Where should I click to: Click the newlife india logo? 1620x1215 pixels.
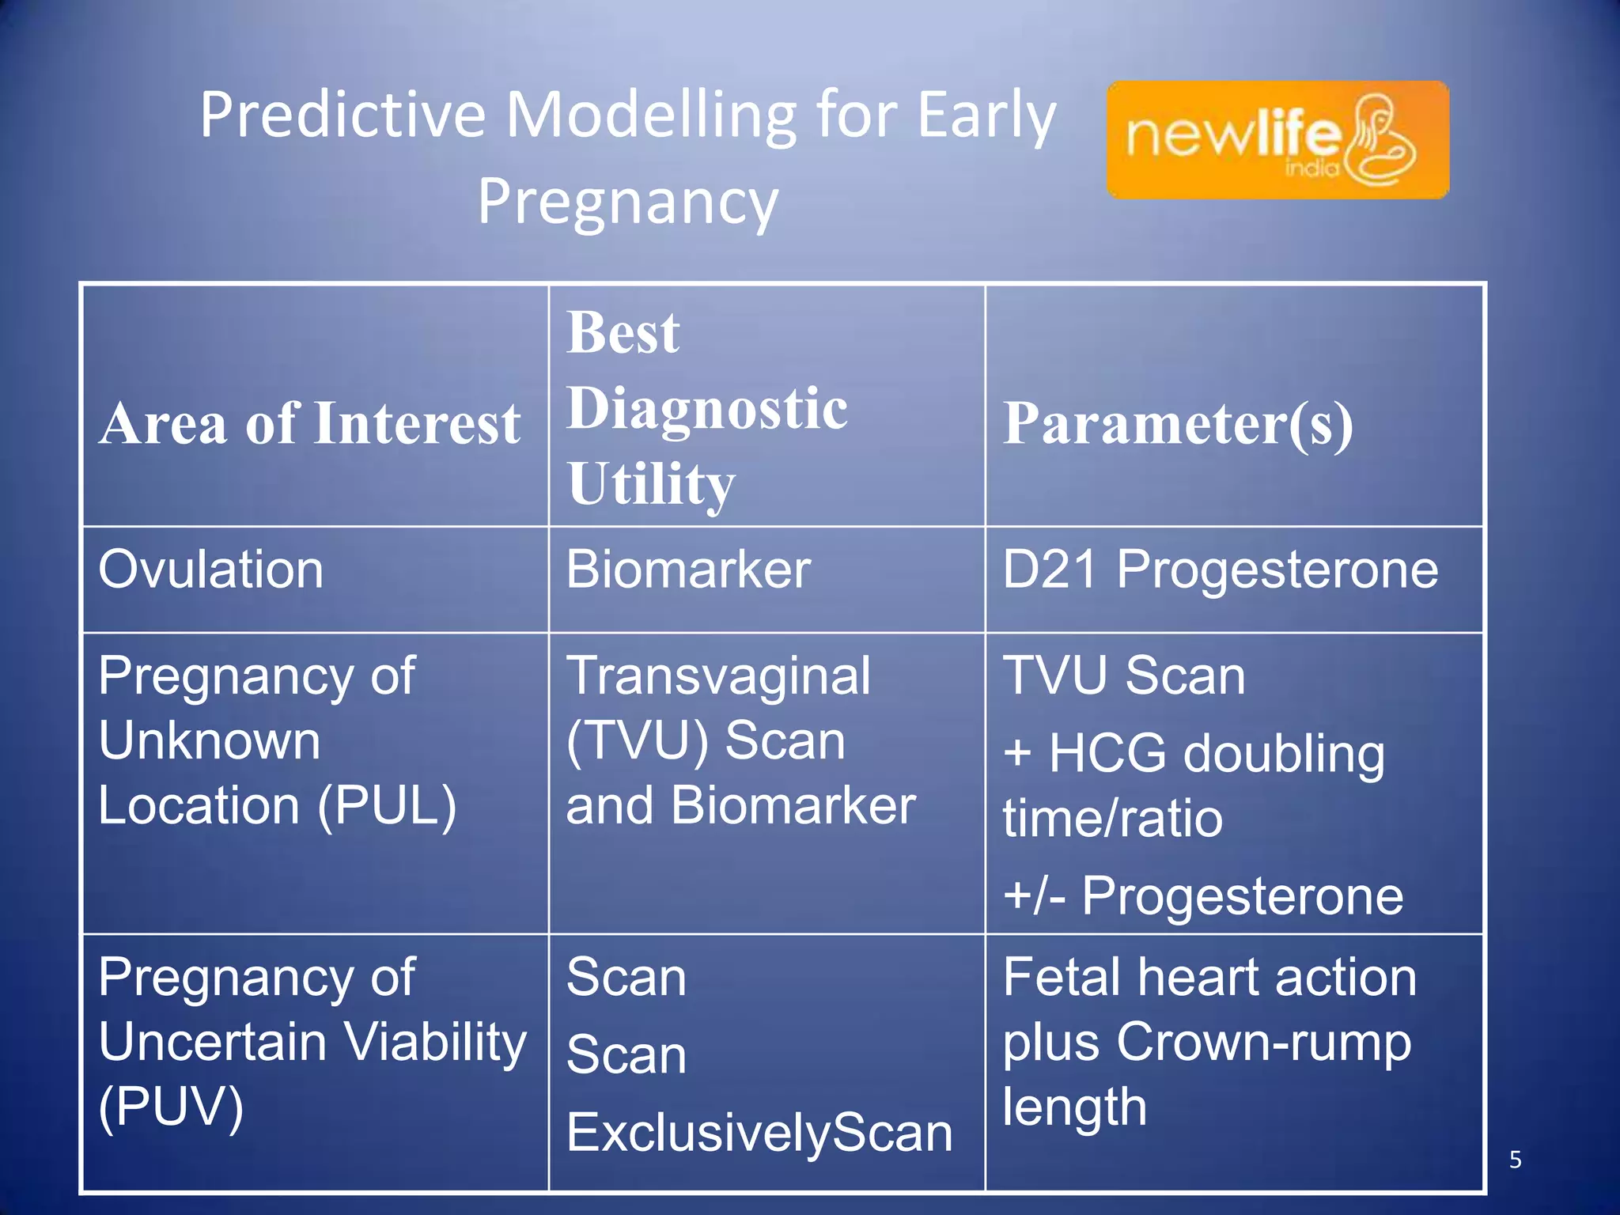[1277, 139]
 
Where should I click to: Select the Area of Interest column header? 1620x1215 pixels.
[310, 423]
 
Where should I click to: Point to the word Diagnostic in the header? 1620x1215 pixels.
[707, 409]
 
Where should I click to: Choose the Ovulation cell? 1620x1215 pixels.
[211, 570]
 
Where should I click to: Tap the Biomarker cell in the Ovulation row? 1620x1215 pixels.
[688, 570]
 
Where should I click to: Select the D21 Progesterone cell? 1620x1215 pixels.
[1220, 570]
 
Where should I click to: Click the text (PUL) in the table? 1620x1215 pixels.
[387, 806]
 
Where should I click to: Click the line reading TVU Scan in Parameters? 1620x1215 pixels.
[1123, 676]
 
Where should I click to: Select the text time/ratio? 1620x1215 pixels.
[1112, 818]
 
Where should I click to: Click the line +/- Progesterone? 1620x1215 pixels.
[1202, 895]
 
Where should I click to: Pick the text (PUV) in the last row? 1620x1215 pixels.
[171, 1107]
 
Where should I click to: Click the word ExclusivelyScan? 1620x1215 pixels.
[759, 1133]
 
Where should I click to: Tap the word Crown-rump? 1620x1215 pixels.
[1263, 1042]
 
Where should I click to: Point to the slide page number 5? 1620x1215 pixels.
[1515, 1160]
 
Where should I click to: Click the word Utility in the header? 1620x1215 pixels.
[651, 484]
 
